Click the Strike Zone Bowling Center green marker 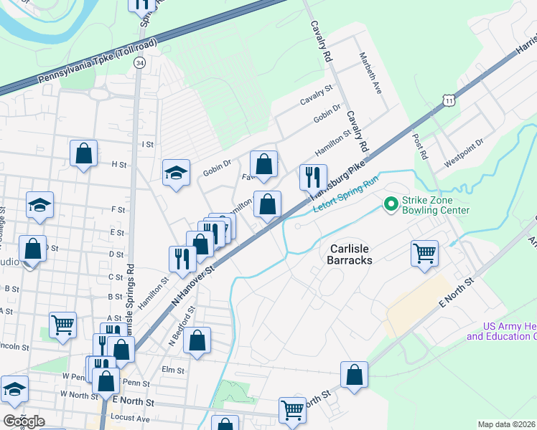(x=391, y=205)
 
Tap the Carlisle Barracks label (x=351, y=254)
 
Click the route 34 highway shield (x=139, y=64)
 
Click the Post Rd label (x=420, y=145)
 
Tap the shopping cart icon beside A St (x=63, y=323)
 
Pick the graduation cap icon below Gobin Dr (x=176, y=173)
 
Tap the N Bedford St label (x=182, y=327)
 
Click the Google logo (x=23, y=421)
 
